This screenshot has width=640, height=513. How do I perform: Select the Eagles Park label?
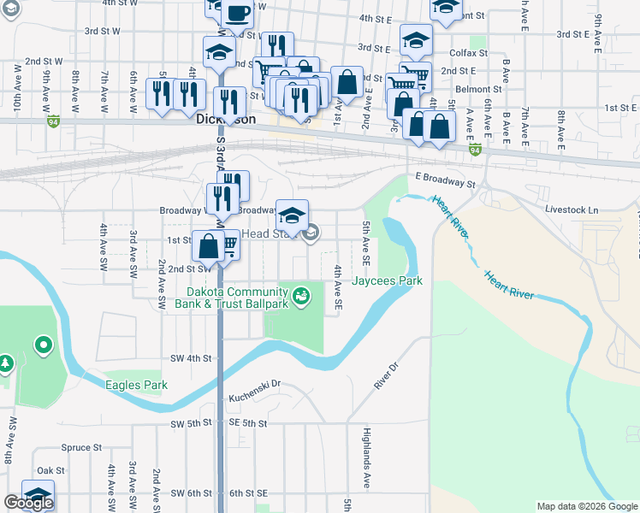tap(136, 385)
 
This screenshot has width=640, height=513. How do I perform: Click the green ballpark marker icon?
tap(300, 296)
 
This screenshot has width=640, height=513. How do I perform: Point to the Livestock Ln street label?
tap(572, 209)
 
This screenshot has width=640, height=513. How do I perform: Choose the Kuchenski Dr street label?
tap(255, 398)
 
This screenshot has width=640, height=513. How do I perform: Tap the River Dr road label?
tap(388, 377)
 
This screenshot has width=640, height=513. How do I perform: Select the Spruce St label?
tap(82, 447)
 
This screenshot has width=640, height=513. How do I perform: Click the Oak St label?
tap(50, 470)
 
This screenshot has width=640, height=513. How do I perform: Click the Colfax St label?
tap(468, 52)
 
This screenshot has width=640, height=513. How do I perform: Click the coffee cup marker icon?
tap(237, 13)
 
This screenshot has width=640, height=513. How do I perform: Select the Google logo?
tap(28, 503)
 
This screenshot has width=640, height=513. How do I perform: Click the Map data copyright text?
tap(587, 506)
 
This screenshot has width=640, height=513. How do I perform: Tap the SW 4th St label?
tap(190, 358)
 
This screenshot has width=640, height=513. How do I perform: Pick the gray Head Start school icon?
tap(312, 232)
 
